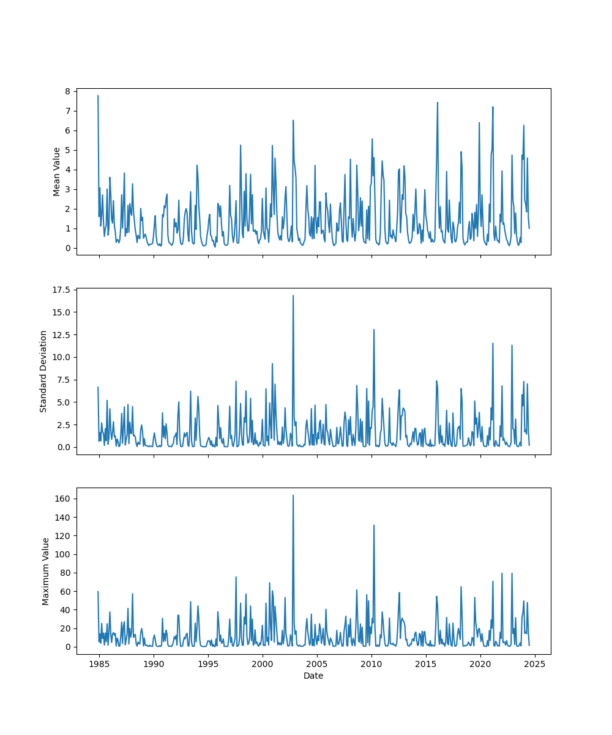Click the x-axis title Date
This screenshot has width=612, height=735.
point(313,676)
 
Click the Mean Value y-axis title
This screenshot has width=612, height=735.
point(57,171)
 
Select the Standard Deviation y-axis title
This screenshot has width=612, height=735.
point(43,371)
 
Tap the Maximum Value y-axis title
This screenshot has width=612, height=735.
point(46,571)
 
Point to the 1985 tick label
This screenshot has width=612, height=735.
point(99,664)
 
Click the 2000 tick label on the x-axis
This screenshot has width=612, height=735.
point(263,664)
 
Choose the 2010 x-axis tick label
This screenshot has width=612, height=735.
point(371,664)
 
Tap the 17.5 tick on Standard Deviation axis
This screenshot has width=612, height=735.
point(62,290)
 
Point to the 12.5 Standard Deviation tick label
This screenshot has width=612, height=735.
point(62,334)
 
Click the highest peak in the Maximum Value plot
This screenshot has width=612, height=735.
point(293,495)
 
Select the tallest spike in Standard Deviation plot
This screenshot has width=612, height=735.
point(293,295)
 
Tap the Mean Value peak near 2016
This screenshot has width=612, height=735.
point(437,102)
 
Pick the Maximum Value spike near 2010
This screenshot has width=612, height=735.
point(374,525)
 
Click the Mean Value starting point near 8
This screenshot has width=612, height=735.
point(98,96)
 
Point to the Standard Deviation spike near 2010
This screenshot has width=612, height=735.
point(374,330)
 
